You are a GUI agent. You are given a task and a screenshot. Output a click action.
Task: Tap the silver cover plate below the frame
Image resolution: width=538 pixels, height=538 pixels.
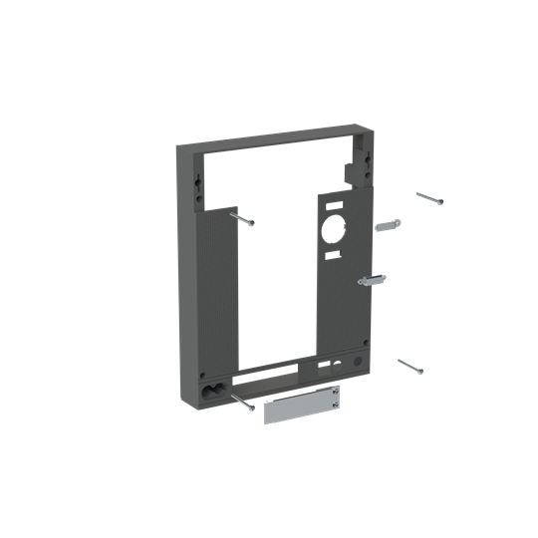302,408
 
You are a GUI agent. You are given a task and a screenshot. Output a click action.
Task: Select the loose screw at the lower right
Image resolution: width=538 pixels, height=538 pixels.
410,366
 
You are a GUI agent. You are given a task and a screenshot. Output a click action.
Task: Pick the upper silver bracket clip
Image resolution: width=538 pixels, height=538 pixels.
388,226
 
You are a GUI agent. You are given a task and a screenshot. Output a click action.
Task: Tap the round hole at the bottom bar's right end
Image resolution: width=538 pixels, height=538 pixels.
358,359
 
